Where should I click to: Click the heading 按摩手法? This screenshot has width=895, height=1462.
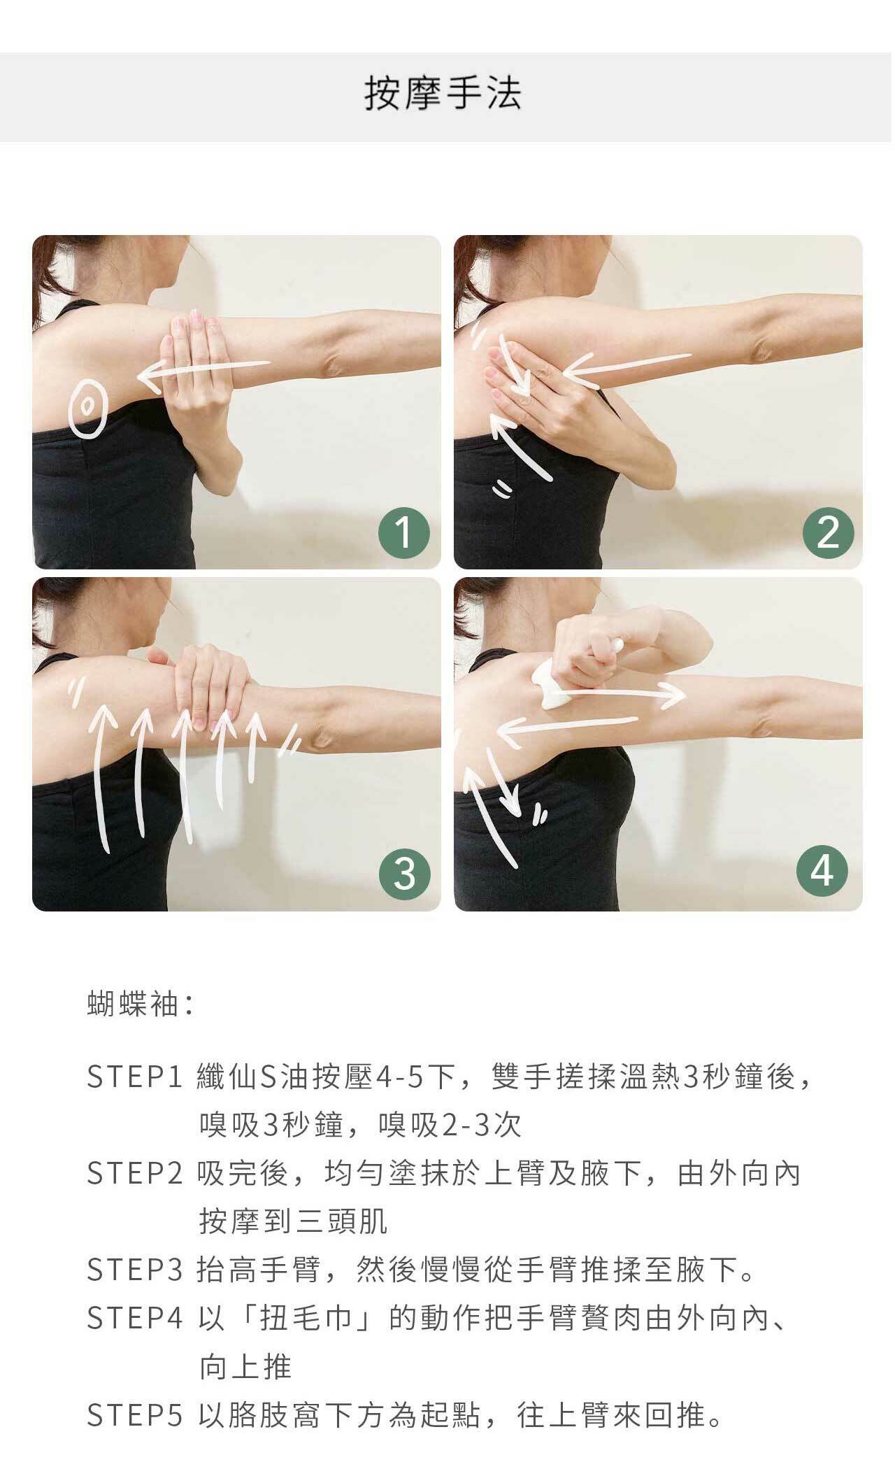point(443,94)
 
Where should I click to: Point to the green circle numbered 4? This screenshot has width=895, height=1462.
point(822,872)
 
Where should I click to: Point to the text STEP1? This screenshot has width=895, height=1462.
point(134,1077)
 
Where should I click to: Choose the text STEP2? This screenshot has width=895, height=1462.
point(134,1174)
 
